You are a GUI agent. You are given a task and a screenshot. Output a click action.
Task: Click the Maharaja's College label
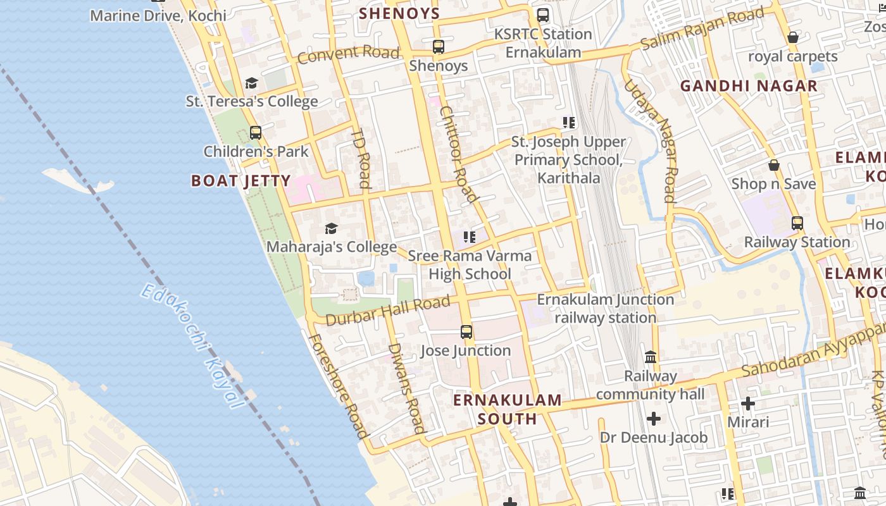(332, 247)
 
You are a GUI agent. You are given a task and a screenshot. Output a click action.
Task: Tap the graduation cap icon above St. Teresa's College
(251, 83)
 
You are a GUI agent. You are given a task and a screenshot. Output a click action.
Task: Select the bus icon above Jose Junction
(466, 331)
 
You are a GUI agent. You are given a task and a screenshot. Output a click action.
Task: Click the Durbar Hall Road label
(388, 311)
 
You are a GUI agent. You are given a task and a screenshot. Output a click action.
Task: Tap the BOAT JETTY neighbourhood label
(241, 181)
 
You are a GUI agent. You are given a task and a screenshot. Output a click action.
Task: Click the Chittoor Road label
(458, 154)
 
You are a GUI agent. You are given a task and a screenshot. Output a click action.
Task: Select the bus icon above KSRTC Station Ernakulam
(543, 15)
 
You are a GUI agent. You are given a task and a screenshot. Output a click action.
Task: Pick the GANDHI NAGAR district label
(749, 86)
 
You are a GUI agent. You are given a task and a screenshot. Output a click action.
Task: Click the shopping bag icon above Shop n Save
(773, 166)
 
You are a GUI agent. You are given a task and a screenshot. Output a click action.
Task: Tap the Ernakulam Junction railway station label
(606, 308)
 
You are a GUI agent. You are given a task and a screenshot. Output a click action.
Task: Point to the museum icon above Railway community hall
(651, 357)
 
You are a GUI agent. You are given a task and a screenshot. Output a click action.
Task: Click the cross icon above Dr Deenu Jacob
(654, 419)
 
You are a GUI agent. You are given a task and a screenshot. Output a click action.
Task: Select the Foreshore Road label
(338, 386)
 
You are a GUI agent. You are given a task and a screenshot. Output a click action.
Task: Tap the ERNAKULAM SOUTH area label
(508, 409)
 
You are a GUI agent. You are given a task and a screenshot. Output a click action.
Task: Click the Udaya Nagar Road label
(651, 140)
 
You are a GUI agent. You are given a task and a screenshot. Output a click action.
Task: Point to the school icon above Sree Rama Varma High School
(469, 237)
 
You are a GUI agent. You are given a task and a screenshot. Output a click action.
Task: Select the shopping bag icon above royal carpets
(792, 38)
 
